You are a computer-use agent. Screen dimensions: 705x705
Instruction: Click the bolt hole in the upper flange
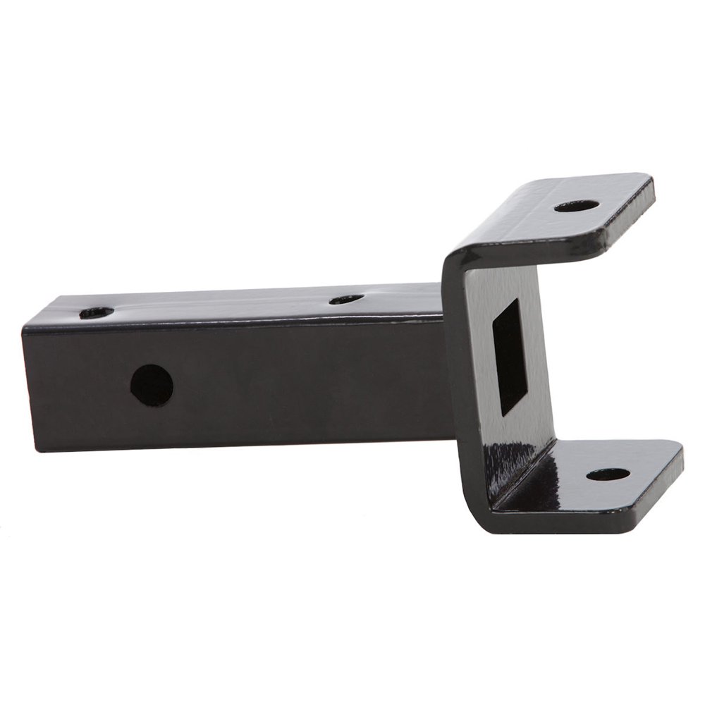[576, 207]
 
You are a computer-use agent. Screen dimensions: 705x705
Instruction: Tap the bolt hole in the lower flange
[608, 474]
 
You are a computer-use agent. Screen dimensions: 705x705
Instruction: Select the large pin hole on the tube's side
[152, 385]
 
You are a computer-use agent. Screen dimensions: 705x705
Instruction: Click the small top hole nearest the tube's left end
[97, 312]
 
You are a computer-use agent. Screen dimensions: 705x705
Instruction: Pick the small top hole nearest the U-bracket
[346, 300]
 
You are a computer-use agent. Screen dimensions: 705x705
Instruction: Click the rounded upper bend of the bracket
[458, 254]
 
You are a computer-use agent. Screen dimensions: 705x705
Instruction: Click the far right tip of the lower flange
[680, 455]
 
